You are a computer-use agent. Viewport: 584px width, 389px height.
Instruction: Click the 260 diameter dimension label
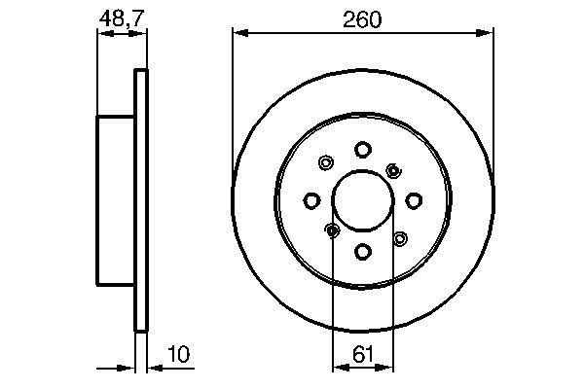[x=361, y=19]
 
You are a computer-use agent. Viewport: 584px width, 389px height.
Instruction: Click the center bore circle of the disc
[x=362, y=200]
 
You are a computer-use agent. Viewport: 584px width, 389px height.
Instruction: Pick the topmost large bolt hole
[x=362, y=149]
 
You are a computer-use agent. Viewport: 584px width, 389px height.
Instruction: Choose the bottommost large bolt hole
[x=362, y=252]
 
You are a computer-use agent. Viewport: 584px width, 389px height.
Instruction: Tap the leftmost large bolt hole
[x=311, y=200]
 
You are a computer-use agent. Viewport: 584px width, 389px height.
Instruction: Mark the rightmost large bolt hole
[x=414, y=200]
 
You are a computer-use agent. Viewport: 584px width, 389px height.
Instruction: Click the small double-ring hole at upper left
[x=325, y=163]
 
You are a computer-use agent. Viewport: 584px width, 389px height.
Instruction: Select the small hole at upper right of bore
[x=393, y=170]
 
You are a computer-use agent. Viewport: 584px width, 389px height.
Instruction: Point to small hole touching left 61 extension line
[x=332, y=230]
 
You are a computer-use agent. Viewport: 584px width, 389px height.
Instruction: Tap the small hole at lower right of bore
[x=399, y=237]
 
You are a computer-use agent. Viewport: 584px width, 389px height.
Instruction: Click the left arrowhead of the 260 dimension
[x=238, y=33]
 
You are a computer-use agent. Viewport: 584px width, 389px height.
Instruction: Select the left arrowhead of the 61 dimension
[x=339, y=367]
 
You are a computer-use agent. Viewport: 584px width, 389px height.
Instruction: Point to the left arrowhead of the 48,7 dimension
[x=102, y=33]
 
